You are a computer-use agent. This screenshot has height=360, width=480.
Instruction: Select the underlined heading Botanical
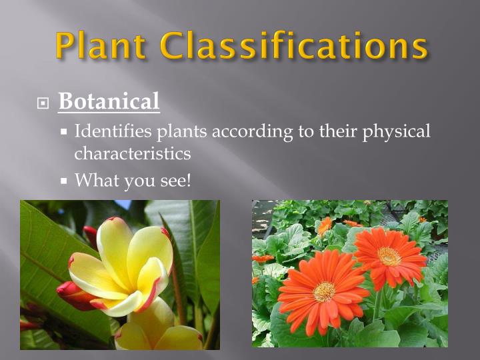pos(109,101)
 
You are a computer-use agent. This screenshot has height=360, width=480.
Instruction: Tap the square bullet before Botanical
pos(43,103)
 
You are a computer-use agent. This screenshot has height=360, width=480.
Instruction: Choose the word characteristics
pos(132,153)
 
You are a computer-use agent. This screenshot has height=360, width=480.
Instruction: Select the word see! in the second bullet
pos(174,179)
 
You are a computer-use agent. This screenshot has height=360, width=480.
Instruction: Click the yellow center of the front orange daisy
pos(325,291)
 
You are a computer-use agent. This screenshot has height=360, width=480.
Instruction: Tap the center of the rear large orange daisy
pos(389,256)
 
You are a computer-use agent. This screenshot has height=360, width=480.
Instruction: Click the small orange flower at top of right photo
pos(325,226)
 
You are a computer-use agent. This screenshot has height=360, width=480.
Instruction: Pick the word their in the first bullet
pos(337,131)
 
